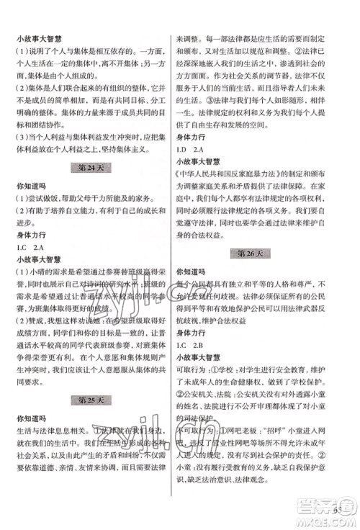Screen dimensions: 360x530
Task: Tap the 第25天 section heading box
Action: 91,399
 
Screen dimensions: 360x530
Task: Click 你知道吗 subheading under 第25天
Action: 32,418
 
